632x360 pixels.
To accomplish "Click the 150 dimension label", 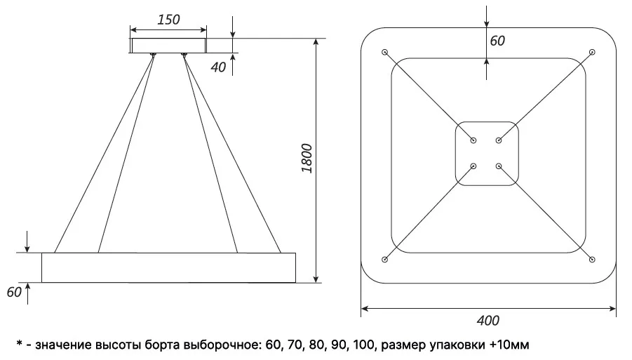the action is (x=168, y=20).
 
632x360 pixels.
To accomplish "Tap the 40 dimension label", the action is (x=218, y=67).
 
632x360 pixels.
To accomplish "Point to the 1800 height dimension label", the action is (x=307, y=158).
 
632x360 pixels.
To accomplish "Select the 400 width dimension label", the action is (x=488, y=321).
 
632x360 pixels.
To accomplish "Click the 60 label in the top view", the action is (x=497, y=41).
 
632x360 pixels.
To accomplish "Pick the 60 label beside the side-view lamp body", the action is (x=14, y=292).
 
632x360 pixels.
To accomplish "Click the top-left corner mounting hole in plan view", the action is (x=384, y=52).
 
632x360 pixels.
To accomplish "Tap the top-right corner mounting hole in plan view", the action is (x=592, y=52).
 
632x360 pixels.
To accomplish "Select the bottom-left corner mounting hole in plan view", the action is (x=384, y=260).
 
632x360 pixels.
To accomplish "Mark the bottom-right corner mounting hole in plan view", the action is (x=592, y=260).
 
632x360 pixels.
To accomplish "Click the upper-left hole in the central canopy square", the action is (x=473, y=140).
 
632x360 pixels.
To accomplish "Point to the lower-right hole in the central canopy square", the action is (x=499, y=166).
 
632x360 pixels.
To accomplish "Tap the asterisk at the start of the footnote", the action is (x=19, y=344).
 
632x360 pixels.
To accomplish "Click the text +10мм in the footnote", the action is (x=509, y=345).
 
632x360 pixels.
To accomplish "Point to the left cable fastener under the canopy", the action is (x=152, y=55).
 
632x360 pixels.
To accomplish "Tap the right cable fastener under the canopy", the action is (x=184, y=55).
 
